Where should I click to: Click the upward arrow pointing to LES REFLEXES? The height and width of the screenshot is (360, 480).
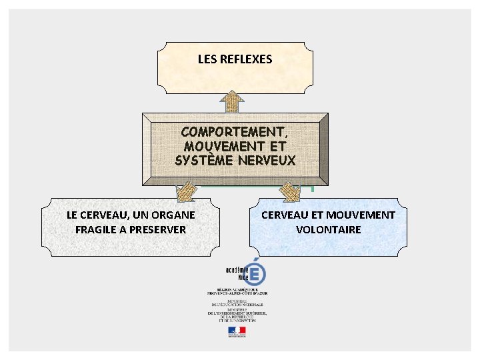[x=232, y=101]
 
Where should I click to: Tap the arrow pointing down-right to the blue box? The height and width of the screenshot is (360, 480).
[x=289, y=191]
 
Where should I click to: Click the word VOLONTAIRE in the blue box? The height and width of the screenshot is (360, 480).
[x=329, y=229]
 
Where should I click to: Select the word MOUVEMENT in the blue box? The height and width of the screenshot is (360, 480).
[x=361, y=215]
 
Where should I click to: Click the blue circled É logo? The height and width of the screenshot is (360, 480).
[x=253, y=273]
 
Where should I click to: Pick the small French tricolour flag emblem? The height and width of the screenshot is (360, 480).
[x=237, y=330]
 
